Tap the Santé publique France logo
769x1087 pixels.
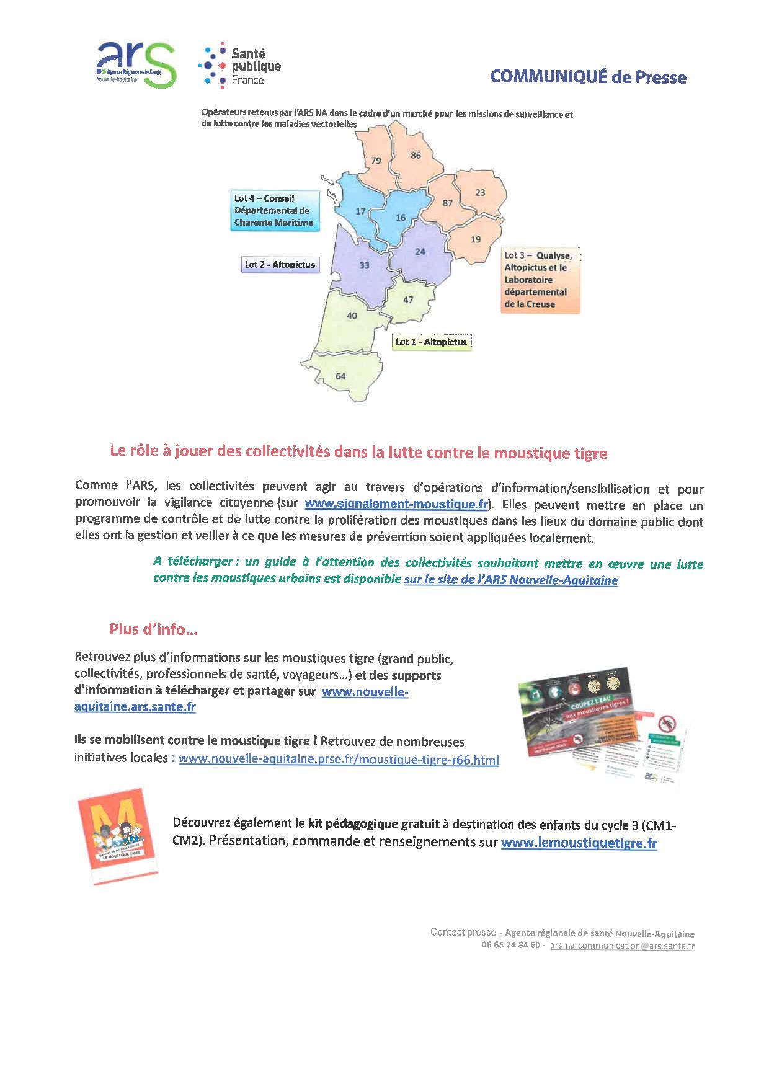coord(241,66)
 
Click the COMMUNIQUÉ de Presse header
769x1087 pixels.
coord(588,77)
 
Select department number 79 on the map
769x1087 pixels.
coord(376,161)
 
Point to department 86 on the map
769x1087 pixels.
coord(416,155)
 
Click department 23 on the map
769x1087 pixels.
coord(480,192)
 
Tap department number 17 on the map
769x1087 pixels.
coord(360,211)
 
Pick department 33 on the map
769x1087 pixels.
coord(364,265)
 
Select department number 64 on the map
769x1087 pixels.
coord(340,376)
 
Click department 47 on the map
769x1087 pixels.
coord(408,299)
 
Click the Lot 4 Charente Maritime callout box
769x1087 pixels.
coord(273,211)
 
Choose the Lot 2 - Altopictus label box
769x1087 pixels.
coord(280,265)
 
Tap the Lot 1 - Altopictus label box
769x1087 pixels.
coord(432,342)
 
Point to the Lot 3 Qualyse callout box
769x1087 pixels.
coord(540,280)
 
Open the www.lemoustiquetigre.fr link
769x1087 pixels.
coord(579,843)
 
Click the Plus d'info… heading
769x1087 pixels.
coord(153,629)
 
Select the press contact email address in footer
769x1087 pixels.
coord(622,946)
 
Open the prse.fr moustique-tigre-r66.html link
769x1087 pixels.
coord(339,759)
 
